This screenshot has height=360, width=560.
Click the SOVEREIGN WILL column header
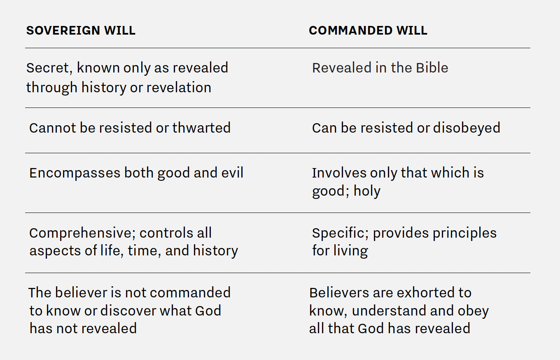coord(81,30)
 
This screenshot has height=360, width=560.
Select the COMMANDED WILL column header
coord(368,30)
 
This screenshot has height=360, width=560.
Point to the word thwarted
coord(201,128)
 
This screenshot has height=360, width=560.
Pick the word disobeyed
coord(467,128)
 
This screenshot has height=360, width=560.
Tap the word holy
coord(367,192)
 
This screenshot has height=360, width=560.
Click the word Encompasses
coord(75,173)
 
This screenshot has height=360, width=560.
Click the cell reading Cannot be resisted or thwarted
coord(130,128)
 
